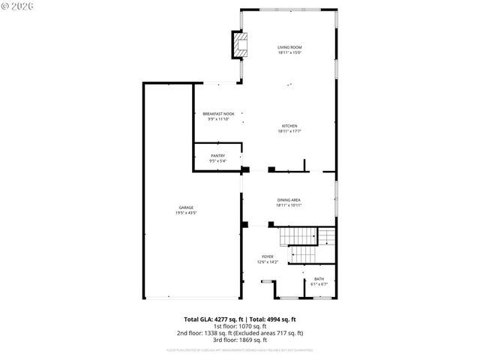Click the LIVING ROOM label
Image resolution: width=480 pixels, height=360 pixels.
point(289,47)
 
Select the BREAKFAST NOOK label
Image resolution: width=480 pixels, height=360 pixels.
point(218,114)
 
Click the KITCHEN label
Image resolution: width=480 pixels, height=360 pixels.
point(289,125)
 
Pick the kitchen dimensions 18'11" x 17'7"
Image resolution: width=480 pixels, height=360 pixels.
point(289,131)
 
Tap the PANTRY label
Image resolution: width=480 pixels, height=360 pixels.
point(217,155)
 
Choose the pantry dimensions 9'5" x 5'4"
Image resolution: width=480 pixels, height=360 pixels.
point(217,161)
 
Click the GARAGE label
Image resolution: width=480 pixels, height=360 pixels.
point(186,207)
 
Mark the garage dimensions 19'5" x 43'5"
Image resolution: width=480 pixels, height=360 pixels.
point(186,213)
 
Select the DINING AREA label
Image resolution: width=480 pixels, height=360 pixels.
point(289,199)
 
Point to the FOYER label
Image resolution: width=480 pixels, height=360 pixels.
point(268,256)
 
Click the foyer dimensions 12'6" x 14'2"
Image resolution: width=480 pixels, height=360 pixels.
point(268,262)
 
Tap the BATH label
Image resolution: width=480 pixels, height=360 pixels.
point(319,279)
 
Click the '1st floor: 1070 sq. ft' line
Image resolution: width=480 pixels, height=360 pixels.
point(240,326)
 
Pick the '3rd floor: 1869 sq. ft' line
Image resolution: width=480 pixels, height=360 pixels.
point(240,340)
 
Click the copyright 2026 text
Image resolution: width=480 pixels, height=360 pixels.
point(19,7)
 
